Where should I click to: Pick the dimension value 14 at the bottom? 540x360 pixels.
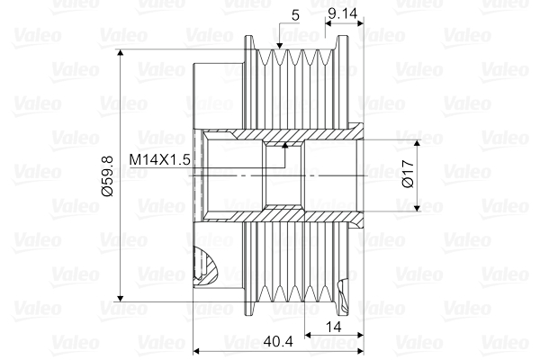pyautogui.click(x=334, y=328)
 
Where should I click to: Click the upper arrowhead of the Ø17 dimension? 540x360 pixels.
pyautogui.click(x=418, y=145)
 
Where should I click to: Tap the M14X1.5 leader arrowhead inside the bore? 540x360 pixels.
pyautogui.click(x=285, y=144)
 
